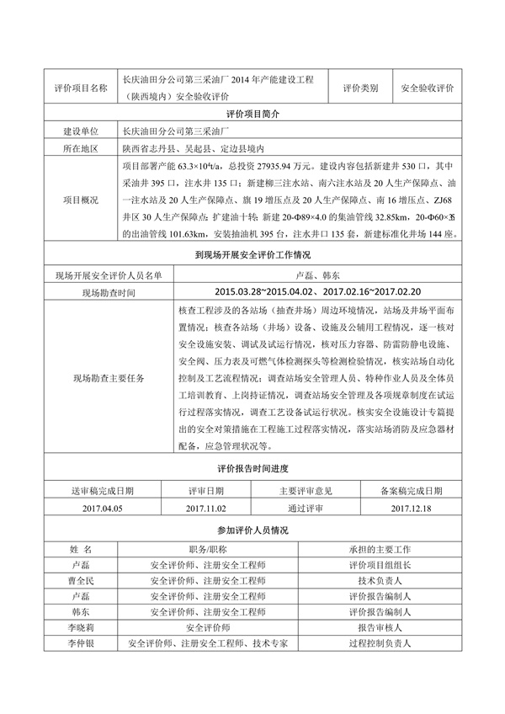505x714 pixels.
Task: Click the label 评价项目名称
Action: [x=80, y=88]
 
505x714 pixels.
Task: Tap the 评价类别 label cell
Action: [x=360, y=88]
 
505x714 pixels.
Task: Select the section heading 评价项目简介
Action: [x=252, y=113]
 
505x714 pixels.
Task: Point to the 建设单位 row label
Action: [x=80, y=131]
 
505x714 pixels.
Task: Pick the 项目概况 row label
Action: [x=80, y=200]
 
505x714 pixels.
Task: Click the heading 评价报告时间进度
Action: [x=252, y=468]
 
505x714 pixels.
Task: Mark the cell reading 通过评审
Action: [x=305, y=508]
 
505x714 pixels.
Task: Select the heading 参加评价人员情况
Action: [x=252, y=530]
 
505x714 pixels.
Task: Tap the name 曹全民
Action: [x=80, y=581]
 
